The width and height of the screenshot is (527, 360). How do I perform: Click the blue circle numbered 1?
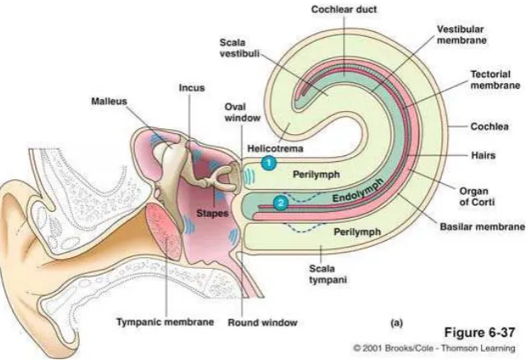(x=269, y=163)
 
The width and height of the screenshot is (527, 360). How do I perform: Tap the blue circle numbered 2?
(x=280, y=203)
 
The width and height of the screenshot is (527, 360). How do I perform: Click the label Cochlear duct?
(x=344, y=9)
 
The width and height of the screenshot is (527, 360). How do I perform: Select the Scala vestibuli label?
(x=239, y=48)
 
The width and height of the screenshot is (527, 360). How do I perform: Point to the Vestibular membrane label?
(x=461, y=35)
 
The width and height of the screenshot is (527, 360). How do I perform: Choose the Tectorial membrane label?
(x=495, y=80)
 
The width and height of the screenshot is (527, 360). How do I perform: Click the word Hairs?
(x=483, y=155)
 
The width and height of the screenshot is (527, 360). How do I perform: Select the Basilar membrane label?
(x=483, y=227)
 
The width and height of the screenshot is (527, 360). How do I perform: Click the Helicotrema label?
(x=275, y=148)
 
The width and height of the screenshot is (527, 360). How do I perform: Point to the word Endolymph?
(x=358, y=190)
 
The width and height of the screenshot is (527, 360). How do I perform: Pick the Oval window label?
(x=243, y=113)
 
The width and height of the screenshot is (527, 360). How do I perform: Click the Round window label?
(x=262, y=323)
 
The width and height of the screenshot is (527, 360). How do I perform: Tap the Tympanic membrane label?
(x=165, y=322)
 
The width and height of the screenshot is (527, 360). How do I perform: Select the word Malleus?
(x=109, y=101)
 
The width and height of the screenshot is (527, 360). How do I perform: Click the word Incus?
(x=192, y=88)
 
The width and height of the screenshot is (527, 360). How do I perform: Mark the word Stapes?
(x=212, y=213)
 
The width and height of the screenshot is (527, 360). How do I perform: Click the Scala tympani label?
(x=328, y=274)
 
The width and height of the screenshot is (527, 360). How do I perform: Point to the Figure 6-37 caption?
(x=479, y=332)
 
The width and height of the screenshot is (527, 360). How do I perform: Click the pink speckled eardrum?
(x=164, y=231)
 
